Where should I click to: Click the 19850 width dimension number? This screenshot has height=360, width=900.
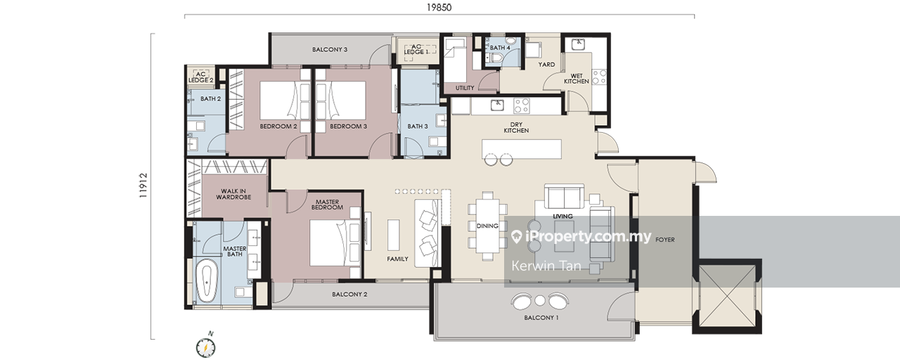tap(439, 7)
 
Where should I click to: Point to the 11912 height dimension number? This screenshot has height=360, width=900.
tap(143, 185)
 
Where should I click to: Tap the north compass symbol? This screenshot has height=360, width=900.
tap(206, 347)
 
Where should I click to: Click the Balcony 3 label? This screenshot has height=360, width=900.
tap(330, 49)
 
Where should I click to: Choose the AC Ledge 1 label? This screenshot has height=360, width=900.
tap(416, 49)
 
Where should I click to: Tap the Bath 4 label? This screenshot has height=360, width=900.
tap(500, 47)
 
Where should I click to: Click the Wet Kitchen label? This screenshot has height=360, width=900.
tap(576, 78)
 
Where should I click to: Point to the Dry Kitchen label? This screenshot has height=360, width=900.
tap(516, 127)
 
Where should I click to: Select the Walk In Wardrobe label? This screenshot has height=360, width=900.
tap(233, 194)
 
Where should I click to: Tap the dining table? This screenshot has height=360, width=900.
tap(487, 226)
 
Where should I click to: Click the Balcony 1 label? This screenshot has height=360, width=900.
tap(541, 317)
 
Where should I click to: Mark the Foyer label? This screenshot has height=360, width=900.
tap(665, 240)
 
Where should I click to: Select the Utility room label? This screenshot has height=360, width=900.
tap(465, 88)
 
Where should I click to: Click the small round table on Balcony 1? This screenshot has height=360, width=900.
tap(540, 300)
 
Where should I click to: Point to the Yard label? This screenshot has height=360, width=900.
tap(546, 64)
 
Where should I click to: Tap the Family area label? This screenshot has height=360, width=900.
tap(397, 259)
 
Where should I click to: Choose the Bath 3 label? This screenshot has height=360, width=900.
tap(418, 126)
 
